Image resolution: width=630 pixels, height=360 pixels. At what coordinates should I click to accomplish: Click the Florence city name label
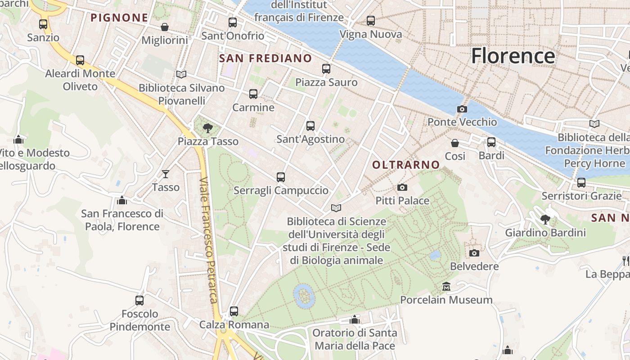(x=513, y=56)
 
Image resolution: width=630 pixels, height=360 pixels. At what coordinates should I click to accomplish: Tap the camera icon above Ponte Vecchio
(x=462, y=109)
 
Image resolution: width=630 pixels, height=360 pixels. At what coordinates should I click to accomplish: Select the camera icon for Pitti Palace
(x=402, y=187)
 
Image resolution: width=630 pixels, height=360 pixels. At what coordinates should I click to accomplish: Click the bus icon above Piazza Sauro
(x=326, y=69)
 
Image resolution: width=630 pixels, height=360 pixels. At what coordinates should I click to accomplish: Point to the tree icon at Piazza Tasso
(x=207, y=128)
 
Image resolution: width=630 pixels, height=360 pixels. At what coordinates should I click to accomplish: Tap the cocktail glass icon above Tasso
(x=166, y=174)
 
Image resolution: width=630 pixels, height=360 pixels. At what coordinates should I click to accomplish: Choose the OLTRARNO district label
(x=406, y=165)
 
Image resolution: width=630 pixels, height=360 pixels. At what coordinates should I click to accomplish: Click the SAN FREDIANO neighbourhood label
(x=265, y=58)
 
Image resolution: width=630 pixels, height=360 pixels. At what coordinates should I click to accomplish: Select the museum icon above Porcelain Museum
(x=446, y=286)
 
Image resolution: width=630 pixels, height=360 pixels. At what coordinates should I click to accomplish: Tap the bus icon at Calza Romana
(x=234, y=311)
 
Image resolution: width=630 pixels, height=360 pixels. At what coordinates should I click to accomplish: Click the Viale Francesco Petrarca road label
(x=208, y=241)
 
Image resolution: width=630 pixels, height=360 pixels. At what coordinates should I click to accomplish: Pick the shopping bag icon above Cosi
(x=455, y=143)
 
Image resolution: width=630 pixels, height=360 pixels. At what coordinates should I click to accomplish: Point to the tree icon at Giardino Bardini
(x=545, y=220)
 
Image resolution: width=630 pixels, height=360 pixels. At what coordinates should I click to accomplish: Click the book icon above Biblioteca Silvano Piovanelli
(x=181, y=74)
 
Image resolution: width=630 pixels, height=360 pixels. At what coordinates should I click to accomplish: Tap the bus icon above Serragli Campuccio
(x=281, y=177)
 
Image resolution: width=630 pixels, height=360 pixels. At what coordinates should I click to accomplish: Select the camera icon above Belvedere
(x=474, y=253)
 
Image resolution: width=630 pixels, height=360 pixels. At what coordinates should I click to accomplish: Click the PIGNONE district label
(x=119, y=18)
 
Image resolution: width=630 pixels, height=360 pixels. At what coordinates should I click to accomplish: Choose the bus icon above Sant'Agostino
(x=310, y=126)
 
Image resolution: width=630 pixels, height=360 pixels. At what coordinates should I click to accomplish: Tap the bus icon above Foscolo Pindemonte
(x=139, y=300)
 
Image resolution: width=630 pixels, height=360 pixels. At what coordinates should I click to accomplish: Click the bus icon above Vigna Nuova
(x=370, y=21)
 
